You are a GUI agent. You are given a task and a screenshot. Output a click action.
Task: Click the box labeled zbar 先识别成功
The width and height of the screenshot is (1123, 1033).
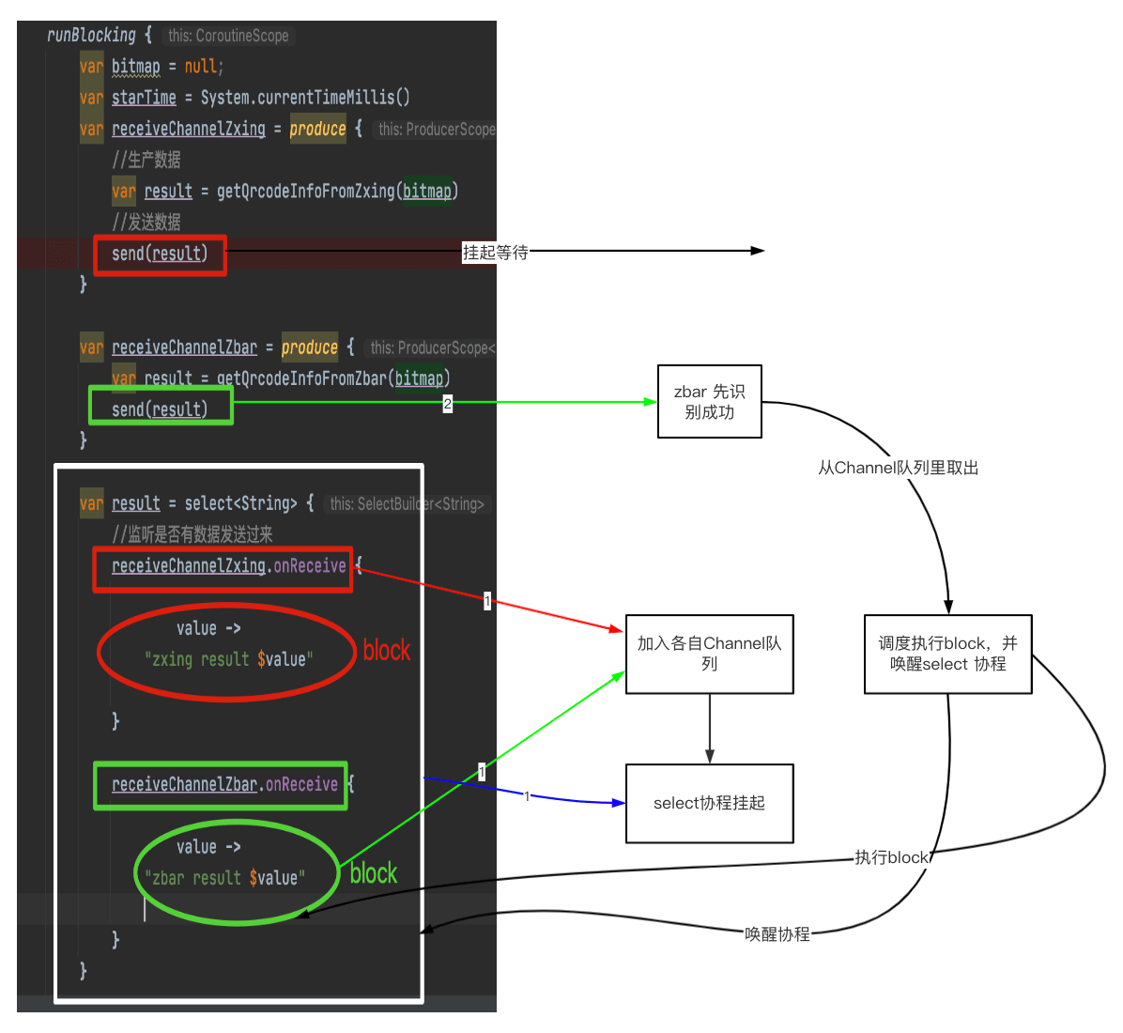click(709, 402)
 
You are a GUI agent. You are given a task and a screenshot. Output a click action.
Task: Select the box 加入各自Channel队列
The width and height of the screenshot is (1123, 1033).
click(709, 654)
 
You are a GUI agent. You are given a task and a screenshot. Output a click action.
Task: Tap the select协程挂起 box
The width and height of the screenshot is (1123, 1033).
click(709, 803)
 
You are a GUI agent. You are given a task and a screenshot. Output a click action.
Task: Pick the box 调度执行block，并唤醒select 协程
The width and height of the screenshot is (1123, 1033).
click(947, 654)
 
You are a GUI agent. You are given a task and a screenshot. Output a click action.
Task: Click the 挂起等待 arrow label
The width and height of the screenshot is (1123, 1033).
click(496, 253)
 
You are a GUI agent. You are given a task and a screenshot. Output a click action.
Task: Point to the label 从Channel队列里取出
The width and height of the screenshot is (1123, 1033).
click(898, 468)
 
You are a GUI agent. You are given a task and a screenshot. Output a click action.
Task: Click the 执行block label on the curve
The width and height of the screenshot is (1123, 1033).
click(891, 857)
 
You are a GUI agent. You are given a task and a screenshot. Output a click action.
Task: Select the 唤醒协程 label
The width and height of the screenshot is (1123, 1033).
click(777, 934)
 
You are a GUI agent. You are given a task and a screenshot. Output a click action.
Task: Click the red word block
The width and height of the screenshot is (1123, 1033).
click(387, 651)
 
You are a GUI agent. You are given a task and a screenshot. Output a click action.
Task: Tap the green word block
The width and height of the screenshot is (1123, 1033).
click(374, 874)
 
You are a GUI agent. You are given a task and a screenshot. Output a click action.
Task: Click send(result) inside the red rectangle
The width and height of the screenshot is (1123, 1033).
click(160, 254)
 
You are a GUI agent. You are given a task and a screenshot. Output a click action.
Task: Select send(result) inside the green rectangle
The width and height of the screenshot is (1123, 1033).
click(160, 409)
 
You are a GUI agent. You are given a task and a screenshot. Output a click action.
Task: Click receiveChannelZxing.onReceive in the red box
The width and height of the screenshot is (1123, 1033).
click(228, 566)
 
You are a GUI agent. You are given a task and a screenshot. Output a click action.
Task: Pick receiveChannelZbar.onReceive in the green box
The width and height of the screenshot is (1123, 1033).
click(224, 784)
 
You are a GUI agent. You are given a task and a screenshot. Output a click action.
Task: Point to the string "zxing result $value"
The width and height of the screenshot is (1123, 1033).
click(228, 659)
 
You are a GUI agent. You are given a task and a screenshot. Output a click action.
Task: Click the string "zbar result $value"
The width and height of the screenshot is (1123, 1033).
click(224, 878)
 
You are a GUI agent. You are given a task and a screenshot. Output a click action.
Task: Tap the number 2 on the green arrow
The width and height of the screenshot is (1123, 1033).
click(448, 404)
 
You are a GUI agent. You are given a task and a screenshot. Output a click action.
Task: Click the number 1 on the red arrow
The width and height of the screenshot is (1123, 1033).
click(487, 601)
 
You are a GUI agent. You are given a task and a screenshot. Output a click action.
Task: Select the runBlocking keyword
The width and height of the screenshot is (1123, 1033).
click(91, 36)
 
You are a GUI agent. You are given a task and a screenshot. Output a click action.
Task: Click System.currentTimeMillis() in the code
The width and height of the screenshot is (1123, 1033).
click(305, 98)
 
